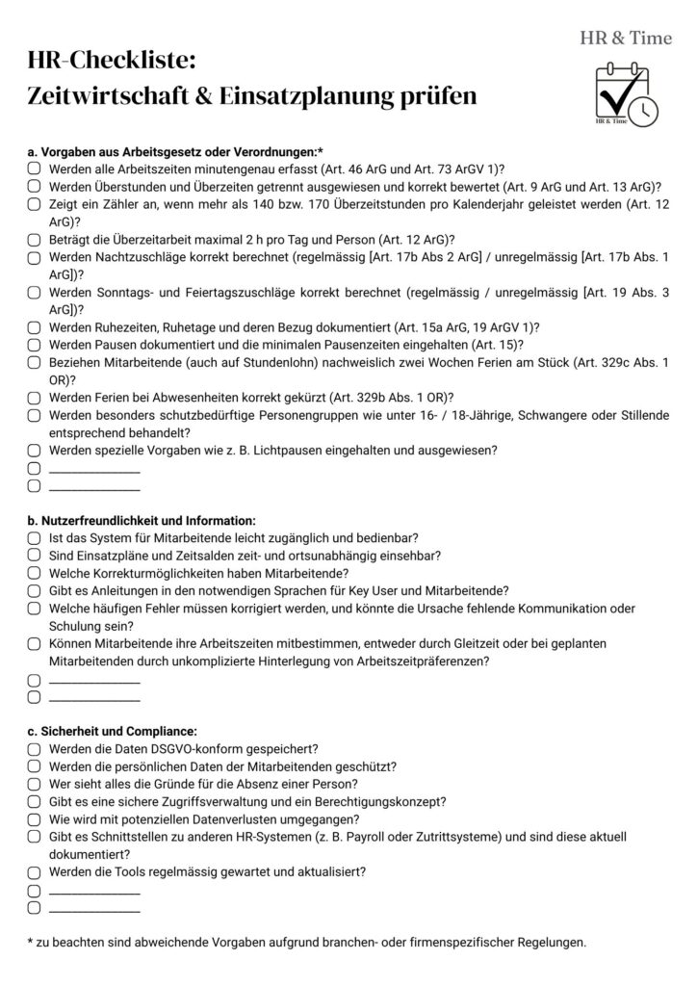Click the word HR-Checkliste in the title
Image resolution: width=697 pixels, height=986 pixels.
[112, 62]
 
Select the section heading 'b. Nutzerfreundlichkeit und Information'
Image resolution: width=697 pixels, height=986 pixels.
[142, 520]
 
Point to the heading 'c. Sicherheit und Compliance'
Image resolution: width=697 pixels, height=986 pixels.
[113, 731]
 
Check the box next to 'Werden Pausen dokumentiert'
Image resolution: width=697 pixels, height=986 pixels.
[34, 344]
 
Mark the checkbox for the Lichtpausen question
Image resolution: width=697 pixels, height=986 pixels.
[34, 449]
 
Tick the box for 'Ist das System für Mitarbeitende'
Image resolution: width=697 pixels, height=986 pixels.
[34, 537]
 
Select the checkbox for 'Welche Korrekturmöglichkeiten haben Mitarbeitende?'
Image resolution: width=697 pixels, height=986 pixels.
[34, 573]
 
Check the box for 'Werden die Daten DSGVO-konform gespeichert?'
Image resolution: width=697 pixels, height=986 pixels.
[34, 749]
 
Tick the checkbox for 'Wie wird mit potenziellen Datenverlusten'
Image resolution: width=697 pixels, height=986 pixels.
[34, 819]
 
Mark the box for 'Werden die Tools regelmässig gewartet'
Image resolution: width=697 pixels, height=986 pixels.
[34, 872]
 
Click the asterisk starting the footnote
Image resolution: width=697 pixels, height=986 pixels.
[30, 941]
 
